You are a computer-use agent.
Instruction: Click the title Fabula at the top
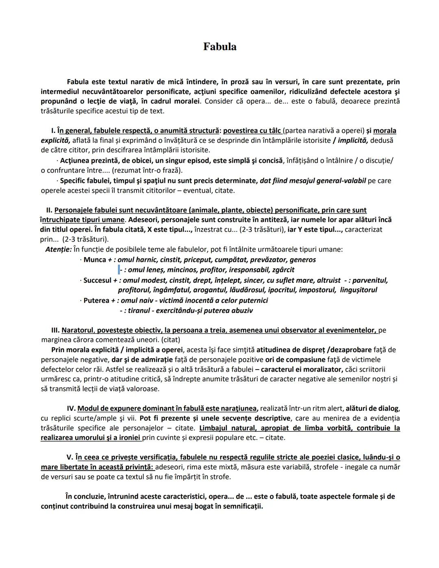pos(219,47)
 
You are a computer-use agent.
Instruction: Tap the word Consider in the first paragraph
pos(219,101)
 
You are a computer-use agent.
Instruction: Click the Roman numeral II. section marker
pos(49,210)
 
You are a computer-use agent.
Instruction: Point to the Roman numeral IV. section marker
pos(71,408)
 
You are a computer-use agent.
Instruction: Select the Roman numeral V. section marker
pos(70,457)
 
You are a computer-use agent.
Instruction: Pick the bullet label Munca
pos(95,260)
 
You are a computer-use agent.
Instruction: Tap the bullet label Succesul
pos(97,281)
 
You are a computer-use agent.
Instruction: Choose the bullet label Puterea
pos(96,301)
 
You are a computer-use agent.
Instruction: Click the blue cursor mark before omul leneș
pos(119,270)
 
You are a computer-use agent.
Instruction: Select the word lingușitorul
pos(356,290)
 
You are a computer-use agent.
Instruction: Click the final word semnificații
pos(240,507)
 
